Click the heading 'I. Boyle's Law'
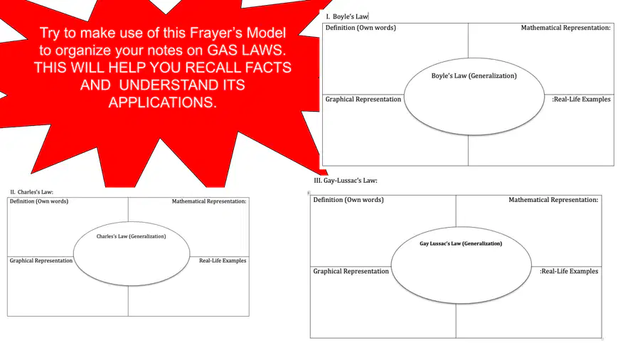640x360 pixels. tap(347, 17)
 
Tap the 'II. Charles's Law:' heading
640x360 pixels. tap(31, 192)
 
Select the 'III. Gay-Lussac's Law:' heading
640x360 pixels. tap(346, 181)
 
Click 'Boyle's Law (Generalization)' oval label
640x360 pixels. tap(474, 76)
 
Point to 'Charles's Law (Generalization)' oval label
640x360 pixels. tap(131, 236)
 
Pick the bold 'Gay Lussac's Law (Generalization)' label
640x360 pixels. tap(461, 243)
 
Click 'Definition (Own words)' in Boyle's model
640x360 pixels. tap(361, 28)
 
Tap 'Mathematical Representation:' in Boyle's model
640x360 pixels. tap(566, 28)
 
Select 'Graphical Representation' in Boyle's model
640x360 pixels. tap(363, 99)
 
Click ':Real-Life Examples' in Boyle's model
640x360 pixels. tap(581, 99)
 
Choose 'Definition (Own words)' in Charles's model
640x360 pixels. tap(39, 201)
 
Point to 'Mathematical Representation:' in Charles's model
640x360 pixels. tap(209, 201)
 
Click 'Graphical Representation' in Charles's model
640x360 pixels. tap(41, 260)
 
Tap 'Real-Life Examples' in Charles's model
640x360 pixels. tap(223, 260)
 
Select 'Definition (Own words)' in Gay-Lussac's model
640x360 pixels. tap(348, 200)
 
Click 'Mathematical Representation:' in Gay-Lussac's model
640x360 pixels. tap(553, 200)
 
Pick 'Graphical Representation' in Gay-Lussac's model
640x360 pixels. tap(351, 272)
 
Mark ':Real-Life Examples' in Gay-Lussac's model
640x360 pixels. tap(569, 272)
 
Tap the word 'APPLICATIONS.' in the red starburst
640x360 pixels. tap(162, 102)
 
